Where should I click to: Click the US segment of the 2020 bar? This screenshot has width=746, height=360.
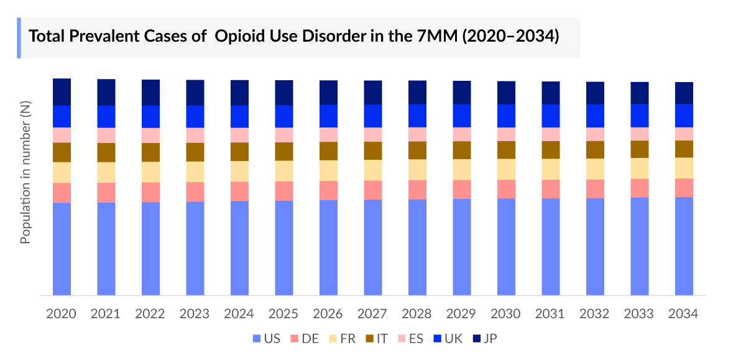point(62,249)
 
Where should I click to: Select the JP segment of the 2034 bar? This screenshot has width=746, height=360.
point(684,93)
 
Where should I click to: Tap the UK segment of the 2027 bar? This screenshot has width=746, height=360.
point(373,116)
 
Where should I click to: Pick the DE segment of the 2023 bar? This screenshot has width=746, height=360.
point(195,192)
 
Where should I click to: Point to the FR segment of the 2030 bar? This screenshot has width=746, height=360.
point(506,169)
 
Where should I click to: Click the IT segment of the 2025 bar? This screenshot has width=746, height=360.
point(284,151)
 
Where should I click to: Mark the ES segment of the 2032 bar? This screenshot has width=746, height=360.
point(595,134)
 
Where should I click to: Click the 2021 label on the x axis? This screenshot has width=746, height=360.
point(106,314)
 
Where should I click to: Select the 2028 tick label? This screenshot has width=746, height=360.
point(417,314)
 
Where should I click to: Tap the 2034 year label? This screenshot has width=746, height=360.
point(684,314)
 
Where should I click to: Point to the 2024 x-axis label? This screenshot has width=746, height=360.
point(239,314)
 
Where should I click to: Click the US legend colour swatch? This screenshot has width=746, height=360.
point(256,339)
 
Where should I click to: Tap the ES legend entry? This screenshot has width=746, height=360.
point(411,339)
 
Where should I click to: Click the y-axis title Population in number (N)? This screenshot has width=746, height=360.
point(25,173)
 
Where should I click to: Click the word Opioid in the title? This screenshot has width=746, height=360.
point(237,37)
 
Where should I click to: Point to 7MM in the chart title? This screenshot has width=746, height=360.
point(436,37)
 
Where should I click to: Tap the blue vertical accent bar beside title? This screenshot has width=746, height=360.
point(19,38)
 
